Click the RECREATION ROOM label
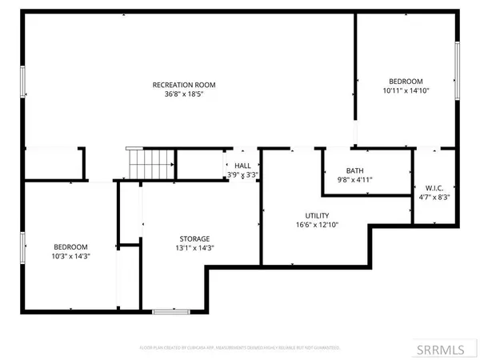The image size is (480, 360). pos(185,85)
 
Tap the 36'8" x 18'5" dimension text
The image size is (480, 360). pos(185,95)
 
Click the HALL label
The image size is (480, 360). pos(242,166)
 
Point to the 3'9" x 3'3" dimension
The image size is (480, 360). pos(242,175)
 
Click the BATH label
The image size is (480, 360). pos(354,171)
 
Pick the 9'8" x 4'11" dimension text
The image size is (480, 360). pos(354,181)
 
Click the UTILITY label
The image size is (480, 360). pos(317,216)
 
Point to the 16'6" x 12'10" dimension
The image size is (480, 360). pos(317,226)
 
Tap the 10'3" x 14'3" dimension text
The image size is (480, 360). pos(70,257)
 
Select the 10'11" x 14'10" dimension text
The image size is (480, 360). pos(406,91)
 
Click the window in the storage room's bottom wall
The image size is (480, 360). pos(166,310)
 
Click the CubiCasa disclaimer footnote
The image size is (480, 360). pos(240,348)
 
